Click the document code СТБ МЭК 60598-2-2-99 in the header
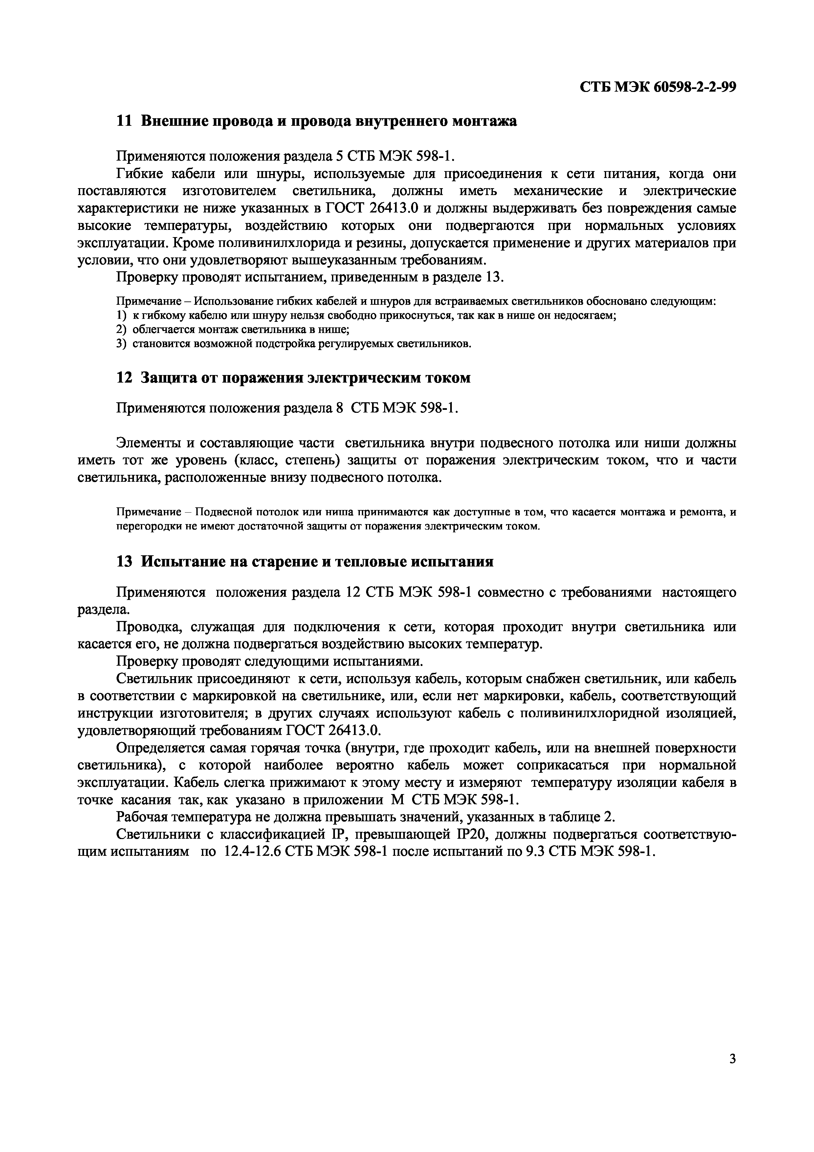pyautogui.click(x=658, y=87)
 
